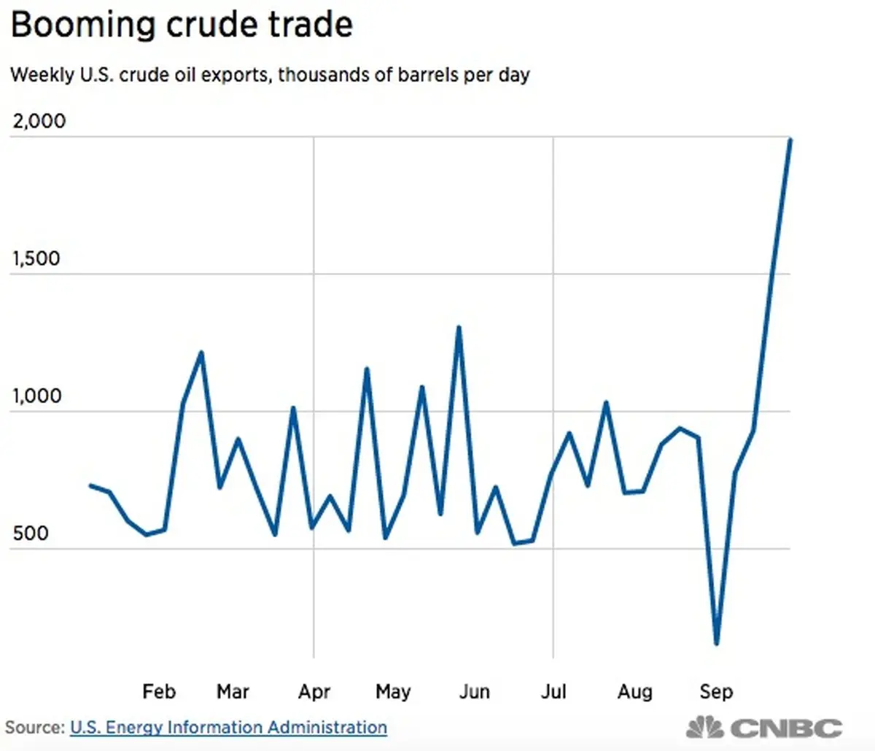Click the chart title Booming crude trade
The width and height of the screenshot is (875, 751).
click(182, 26)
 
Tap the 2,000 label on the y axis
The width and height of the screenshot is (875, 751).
click(39, 121)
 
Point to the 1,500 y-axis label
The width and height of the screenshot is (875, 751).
click(36, 259)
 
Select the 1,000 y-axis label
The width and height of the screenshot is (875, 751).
click(36, 396)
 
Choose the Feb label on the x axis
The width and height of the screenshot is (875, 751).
click(159, 691)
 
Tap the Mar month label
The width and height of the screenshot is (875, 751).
click(233, 691)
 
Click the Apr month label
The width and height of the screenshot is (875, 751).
click(314, 692)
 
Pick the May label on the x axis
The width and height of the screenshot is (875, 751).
click(393, 692)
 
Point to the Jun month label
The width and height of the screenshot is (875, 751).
click(475, 691)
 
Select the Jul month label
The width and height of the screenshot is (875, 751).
click(553, 691)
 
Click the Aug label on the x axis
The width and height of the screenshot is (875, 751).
click(634, 692)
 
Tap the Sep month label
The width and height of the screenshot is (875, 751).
click(716, 692)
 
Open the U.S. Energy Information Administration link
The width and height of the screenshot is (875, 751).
click(228, 728)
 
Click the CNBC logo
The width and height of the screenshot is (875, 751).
click(764, 727)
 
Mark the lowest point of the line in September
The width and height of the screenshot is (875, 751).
click(717, 643)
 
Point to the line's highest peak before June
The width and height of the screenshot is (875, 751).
click(458, 327)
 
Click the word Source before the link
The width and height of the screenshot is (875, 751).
click(34, 728)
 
